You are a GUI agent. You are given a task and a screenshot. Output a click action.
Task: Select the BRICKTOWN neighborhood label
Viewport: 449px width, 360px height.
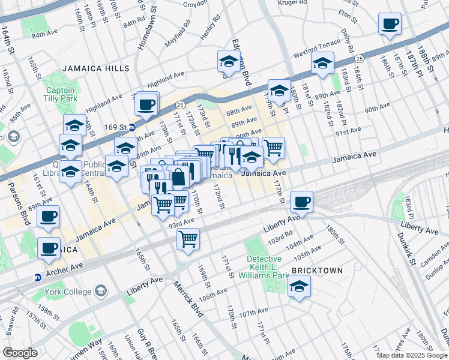317,271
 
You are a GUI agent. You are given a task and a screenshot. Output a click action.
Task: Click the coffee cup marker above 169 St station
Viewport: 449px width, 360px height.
146,104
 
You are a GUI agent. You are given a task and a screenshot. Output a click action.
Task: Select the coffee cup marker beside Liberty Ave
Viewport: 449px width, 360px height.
301,202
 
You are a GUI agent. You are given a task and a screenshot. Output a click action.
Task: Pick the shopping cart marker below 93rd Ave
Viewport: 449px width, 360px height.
188,240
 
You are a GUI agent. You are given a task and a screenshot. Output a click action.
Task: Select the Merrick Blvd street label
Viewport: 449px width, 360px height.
185,298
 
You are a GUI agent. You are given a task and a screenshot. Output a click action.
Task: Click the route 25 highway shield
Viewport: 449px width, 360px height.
358,58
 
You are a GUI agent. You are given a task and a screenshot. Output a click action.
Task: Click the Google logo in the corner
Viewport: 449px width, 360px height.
20,353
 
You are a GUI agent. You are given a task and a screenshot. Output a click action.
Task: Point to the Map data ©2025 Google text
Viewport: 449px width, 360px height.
412,355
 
